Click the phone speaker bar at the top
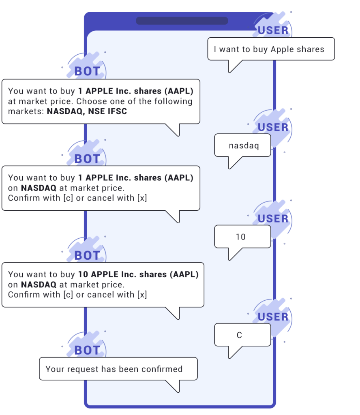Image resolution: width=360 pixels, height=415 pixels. coord(182,21)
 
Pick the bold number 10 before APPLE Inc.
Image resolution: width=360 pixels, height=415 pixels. coord(83,274)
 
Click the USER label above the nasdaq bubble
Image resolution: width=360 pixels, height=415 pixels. coord(273,127)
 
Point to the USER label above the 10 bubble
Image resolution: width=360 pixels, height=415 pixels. coord(273,219)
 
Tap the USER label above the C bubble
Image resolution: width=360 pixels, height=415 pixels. coord(273,317)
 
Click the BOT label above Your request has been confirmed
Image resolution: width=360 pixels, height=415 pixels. coord(87,350)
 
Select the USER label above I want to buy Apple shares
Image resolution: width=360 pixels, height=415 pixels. coord(273,30)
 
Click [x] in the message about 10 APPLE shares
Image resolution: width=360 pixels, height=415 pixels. coord(142,295)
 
